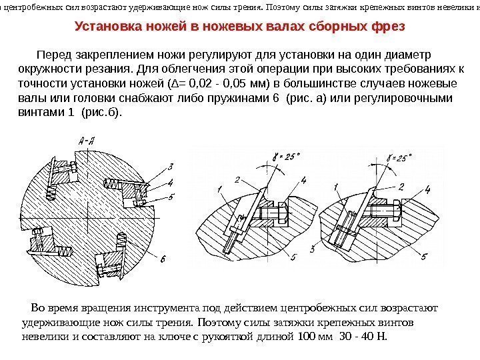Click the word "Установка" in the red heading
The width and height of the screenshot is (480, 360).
pos(108,29)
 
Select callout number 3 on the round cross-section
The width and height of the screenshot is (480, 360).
pos(171,166)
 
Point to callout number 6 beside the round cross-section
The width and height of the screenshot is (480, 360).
pos(163,257)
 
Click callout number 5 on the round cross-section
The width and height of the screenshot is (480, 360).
pos(171,197)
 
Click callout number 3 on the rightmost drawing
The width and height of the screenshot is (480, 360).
pos(313,249)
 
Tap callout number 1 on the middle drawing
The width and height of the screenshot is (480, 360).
pos(219,191)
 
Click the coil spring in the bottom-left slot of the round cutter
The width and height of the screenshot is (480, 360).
pos(65,252)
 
